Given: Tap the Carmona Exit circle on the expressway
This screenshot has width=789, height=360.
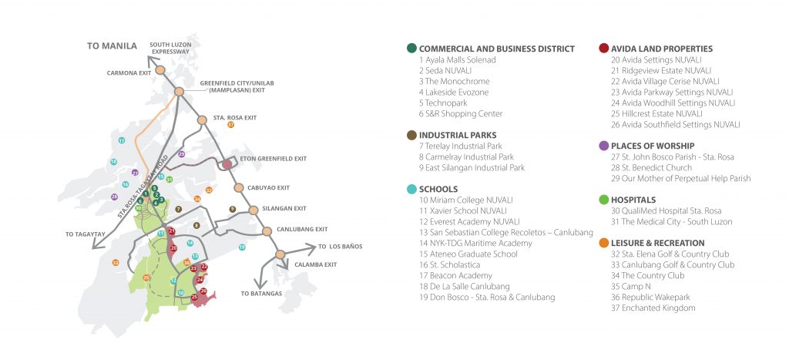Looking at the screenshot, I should [x=160, y=71].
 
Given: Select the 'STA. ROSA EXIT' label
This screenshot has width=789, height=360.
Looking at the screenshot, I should [x=235, y=118].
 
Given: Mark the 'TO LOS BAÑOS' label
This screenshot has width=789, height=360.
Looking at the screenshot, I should [x=341, y=247].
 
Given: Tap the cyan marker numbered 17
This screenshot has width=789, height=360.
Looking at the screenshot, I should [x=122, y=140].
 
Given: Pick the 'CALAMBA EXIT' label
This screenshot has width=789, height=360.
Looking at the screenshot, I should [x=316, y=264].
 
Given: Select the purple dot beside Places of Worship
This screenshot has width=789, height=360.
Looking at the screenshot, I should [x=604, y=146].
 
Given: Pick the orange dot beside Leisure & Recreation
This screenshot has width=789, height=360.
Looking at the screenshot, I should [x=604, y=243].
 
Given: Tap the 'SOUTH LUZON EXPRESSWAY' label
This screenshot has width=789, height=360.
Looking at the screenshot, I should [x=170, y=49].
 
